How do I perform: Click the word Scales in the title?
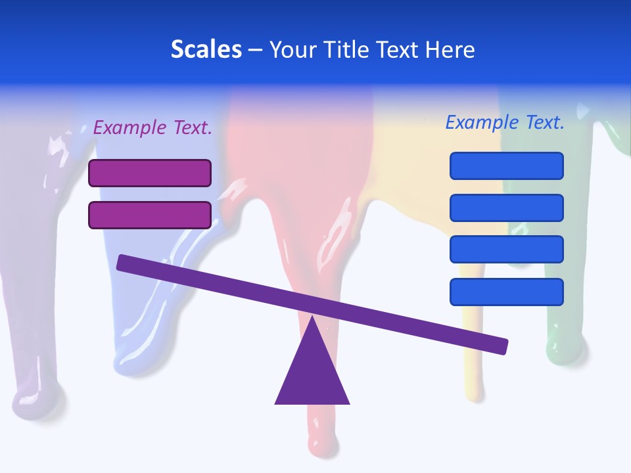(x=206, y=49)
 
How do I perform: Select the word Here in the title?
(x=450, y=49)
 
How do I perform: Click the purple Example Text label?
(x=152, y=127)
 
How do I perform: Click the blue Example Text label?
(x=505, y=122)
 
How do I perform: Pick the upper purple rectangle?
(x=150, y=173)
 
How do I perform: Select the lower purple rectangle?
(x=150, y=215)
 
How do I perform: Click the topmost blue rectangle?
(x=507, y=166)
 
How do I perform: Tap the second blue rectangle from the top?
(x=507, y=208)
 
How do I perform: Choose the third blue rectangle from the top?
(x=507, y=250)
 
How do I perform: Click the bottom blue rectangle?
(x=507, y=292)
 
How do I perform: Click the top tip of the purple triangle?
(x=313, y=318)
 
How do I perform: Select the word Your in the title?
(x=292, y=49)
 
